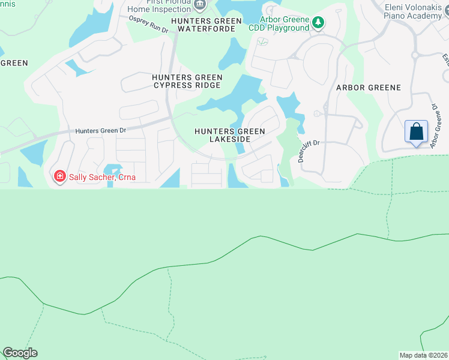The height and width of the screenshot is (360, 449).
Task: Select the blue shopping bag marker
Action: click(x=416, y=131)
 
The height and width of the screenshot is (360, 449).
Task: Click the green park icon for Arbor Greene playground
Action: click(x=318, y=23)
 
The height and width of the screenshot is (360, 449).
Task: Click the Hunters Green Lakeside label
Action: click(x=221, y=135)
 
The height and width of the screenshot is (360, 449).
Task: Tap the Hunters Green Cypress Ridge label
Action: click(x=187, y=82)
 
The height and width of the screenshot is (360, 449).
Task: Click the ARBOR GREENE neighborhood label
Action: click(x=368, y=88)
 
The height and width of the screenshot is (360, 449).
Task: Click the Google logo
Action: click(x=20, y=353)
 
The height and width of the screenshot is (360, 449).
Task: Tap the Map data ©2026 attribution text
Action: click(x=423, y=355)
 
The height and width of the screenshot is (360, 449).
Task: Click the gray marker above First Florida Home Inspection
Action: click(x=200, y=4)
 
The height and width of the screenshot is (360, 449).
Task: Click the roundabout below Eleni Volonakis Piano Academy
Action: click(x=415, y=55)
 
